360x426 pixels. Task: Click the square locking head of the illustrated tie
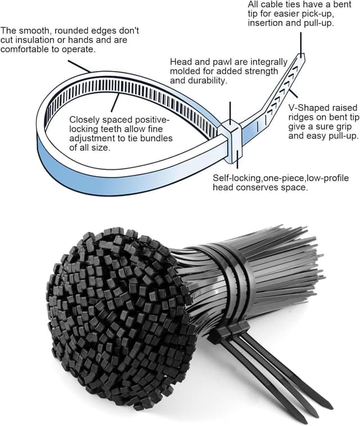[231, 134]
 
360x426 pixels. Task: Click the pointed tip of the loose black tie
[330, 403]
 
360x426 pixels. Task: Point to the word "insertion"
[267, 24]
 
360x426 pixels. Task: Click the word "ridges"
[302, 116]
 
